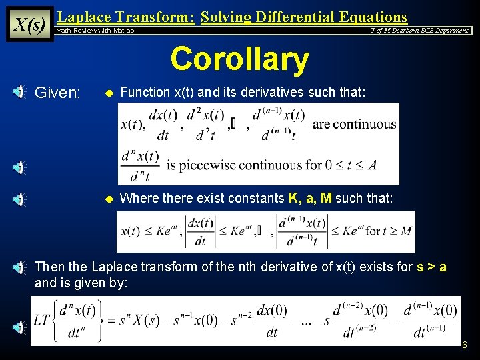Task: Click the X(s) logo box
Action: [x=29, y=24]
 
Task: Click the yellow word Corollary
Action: [x=239, y=59]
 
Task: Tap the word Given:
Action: [x=57, y=93]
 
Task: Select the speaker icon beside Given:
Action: [x=19, y=93]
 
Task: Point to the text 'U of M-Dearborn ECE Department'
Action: [x=419, y=30]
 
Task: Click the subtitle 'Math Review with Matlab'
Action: [x=95, y=31]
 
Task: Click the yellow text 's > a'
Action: [x=431, y=267]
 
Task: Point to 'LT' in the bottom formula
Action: [x=41, y=319]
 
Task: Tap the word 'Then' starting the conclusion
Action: [x=50, y=267]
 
